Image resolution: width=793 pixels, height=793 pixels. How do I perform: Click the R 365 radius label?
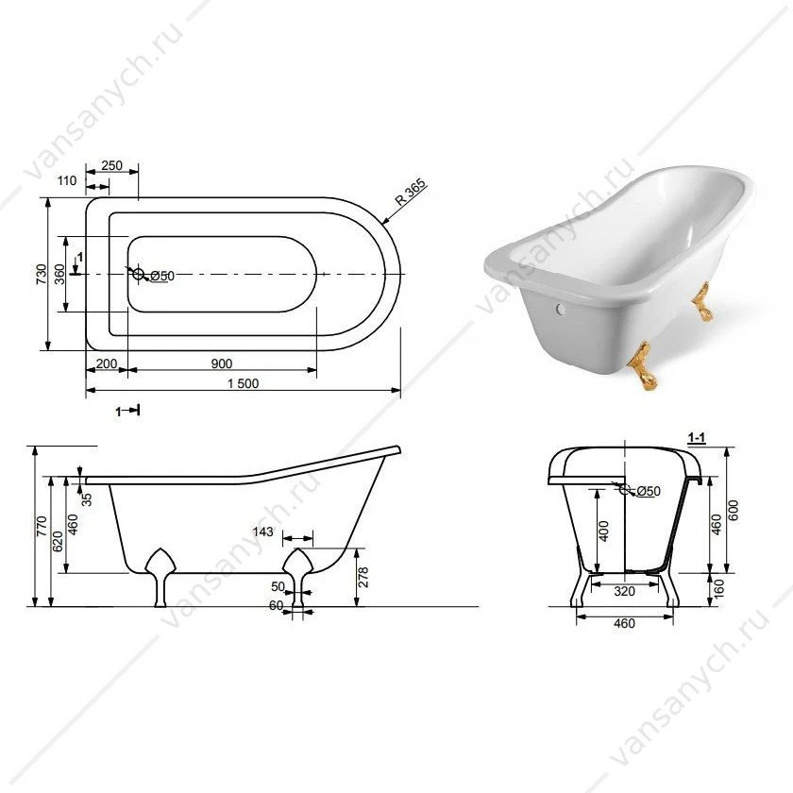click(x=411, y=193)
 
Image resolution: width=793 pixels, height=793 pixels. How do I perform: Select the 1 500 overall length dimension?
click(x=244, y=383)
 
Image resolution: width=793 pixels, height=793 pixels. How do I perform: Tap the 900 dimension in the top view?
click(x=222, y=363)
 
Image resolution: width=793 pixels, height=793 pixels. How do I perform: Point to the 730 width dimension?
click(x=42, y=274)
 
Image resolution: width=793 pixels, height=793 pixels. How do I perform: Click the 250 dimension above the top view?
click(x=111, y=165)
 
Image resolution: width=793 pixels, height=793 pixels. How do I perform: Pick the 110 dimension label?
click(x=67, y=180)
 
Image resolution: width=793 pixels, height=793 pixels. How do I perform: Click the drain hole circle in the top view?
click(x=138, y=274)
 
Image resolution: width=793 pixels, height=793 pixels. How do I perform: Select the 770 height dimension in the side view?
click(x=42, y=526)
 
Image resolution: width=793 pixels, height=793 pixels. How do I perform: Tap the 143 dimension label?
click(x=262, y=531)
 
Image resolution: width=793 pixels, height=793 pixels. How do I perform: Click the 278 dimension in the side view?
click(x=363, y=577)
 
